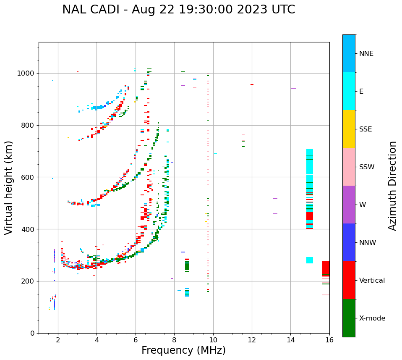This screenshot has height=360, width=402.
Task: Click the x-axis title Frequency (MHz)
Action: point(183,350)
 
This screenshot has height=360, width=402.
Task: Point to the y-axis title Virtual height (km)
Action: point(9,188)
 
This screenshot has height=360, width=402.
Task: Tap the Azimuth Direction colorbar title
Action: point(392,186)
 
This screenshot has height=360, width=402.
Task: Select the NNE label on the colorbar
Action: point(366,54)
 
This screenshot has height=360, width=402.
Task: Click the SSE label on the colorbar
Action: point(365,129)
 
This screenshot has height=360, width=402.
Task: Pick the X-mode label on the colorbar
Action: point(372,318)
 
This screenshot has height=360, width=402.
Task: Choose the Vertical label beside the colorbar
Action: point(372,281)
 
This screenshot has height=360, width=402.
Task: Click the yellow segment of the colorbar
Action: point(349,129)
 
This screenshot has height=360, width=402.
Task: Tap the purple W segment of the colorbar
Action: point(349,205)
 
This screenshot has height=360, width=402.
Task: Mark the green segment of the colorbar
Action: point(349,318)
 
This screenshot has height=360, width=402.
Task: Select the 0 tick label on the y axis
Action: point(32,333)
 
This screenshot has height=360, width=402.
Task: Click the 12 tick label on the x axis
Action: point(252,340)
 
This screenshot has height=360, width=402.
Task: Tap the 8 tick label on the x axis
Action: point(174,340)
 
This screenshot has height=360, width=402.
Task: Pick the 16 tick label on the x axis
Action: point(329,340)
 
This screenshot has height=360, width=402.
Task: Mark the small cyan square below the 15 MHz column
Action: point(310,260)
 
